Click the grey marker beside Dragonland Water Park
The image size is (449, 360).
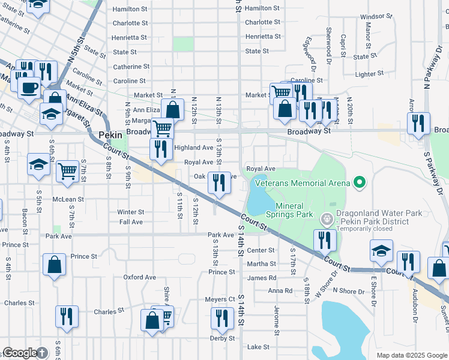pos(327,220)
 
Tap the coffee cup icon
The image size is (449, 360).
pos(29,88)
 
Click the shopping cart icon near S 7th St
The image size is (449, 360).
pos(68,171)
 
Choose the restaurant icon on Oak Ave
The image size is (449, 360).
pos(220,182)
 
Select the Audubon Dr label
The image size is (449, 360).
pos(415,302)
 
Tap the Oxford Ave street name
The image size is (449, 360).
pos(139,277)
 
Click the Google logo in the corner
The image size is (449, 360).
pos(20,353)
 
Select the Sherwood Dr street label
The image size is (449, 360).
pos(329,39)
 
